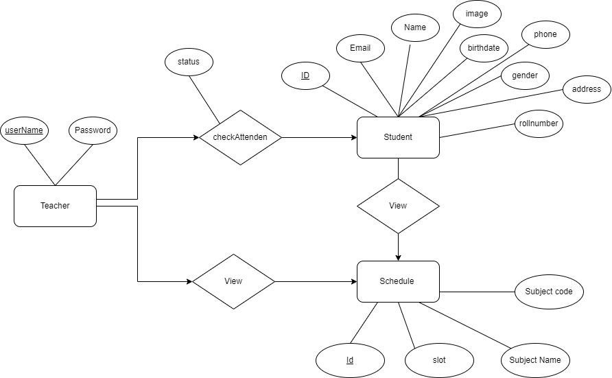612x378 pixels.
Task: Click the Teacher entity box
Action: tap(55, 206)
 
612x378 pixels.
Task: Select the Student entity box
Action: tap(398, 137)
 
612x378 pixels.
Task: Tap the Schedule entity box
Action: tap(398, 281)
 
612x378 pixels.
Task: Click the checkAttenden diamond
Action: tap(240, 137)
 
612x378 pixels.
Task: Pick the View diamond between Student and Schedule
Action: tap(398, 206)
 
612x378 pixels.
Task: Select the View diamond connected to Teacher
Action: tap(233, 281)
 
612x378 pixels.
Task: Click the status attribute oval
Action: tap(189, 62)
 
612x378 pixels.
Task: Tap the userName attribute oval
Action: tap(24, 130)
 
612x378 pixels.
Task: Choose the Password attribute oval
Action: tap(93, 130)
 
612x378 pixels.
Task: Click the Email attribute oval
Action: tap(360, 48)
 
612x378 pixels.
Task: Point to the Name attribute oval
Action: tap(415, 27)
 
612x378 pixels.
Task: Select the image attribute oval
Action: tap(477, 14)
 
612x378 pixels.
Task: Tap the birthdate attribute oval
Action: tap(484, 48)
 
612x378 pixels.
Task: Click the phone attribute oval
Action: tap(545, 34)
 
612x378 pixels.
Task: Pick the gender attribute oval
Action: tap(525, 75)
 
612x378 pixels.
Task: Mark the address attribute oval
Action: tap(587, 89)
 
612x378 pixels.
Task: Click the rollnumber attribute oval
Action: tap(539, 123)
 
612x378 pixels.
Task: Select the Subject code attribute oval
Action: tap(549, 292)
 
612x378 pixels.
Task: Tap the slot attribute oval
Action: tap(439, 360)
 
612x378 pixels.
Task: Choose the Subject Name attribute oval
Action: tap(535, 360)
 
